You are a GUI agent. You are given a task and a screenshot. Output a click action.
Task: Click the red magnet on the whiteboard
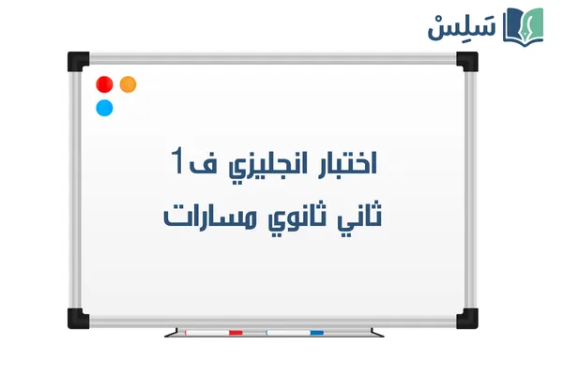pyautogui.click(x=105, y=84)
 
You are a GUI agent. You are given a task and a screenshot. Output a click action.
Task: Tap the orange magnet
pyautogui.click(x=129, y=84)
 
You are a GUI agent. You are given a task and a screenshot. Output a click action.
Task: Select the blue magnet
pyautogui.click(x=105, y=107)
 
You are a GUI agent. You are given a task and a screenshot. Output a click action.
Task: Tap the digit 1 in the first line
pyautogui.click(x=179, y=160)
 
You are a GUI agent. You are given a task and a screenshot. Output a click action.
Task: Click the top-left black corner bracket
pyautogui.click(x=77, y=61)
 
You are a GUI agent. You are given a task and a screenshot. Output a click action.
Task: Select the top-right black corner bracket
pyautogui.click(x=467, y=61)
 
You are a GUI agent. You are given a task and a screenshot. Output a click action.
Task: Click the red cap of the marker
pyautogui.click(x=236, y=332)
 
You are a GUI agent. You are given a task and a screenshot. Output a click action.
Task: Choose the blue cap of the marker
pyautogui.click(x=316, y=332)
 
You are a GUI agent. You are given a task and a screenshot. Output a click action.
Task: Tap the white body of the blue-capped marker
pyautogui.click(x=286, y=332)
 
